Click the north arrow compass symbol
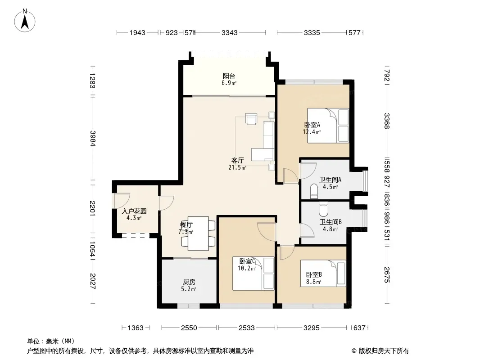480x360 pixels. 25,20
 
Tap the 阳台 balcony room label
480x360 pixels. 229,76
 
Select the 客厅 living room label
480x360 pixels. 238,161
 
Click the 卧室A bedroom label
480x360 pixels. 312,125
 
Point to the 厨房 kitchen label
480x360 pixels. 189,282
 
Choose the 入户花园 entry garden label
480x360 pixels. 134,211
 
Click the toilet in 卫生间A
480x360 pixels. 314,191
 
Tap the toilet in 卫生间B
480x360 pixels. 323,209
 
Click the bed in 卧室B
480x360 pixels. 323,273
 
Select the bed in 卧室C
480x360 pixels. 253,274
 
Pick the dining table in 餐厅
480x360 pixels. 199,234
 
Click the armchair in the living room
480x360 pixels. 251,119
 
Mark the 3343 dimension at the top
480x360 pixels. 229,32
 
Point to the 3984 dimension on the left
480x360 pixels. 92,139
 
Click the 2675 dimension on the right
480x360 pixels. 387,275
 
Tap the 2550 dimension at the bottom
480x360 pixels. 189,328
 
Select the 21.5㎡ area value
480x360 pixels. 237,167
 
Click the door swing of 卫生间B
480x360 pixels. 307,230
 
